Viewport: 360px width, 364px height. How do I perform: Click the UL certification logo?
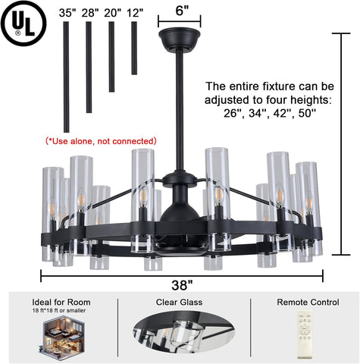[x=23, y=24]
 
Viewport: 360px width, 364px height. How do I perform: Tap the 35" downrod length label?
[x=67, y=13]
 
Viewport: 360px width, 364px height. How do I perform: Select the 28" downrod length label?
[x=90, y=13]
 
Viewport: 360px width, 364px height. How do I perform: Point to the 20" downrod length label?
[x=112, y=13]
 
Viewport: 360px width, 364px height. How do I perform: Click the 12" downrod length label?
[x=135, y=13]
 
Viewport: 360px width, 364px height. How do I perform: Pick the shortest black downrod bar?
[x=134, y=48]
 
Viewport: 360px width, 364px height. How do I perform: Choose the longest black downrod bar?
[x=66, y=77]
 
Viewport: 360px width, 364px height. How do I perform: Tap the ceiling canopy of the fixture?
[x=180, y=39]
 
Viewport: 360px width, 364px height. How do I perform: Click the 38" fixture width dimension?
[x=182, y=285]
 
